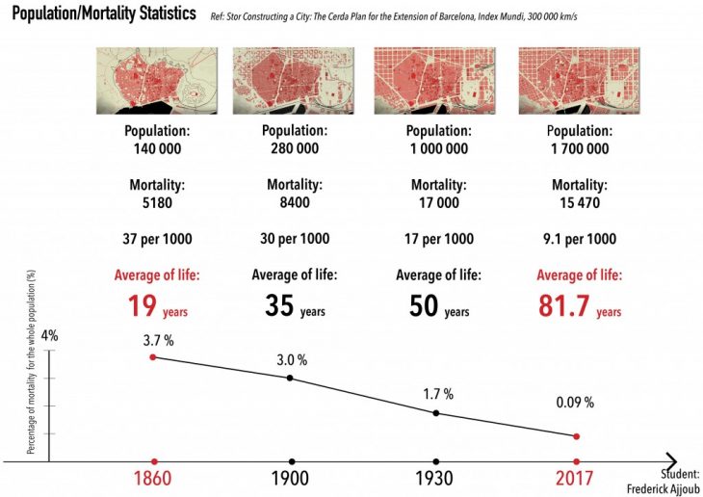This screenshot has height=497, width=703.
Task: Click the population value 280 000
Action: [295, 148]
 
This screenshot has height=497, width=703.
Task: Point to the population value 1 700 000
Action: [579, 148]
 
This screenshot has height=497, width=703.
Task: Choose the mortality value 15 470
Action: [579, 203]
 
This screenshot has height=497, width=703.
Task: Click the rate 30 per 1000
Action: [295, 239]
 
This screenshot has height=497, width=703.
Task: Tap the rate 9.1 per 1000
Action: [579, 239]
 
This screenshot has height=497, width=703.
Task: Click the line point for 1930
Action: [436, 413]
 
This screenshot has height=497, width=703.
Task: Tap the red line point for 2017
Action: [577, 436]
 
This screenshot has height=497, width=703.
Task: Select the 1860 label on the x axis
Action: [154, 479]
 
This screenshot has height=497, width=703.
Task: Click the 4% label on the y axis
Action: [49, 336]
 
